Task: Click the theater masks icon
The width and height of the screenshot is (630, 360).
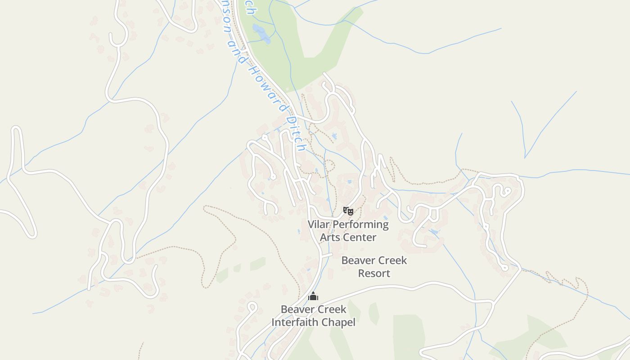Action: coord(348,211)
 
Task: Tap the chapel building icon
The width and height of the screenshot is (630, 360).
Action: coord(313,296)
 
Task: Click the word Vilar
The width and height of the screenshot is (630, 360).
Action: coord(319,224)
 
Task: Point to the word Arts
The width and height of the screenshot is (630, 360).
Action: coord(329,237)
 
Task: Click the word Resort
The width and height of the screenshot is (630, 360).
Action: coord(374,273)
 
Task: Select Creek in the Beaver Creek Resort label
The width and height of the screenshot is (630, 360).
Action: coord(391,261)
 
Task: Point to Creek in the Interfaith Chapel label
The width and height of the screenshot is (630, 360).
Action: coord(330,310)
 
